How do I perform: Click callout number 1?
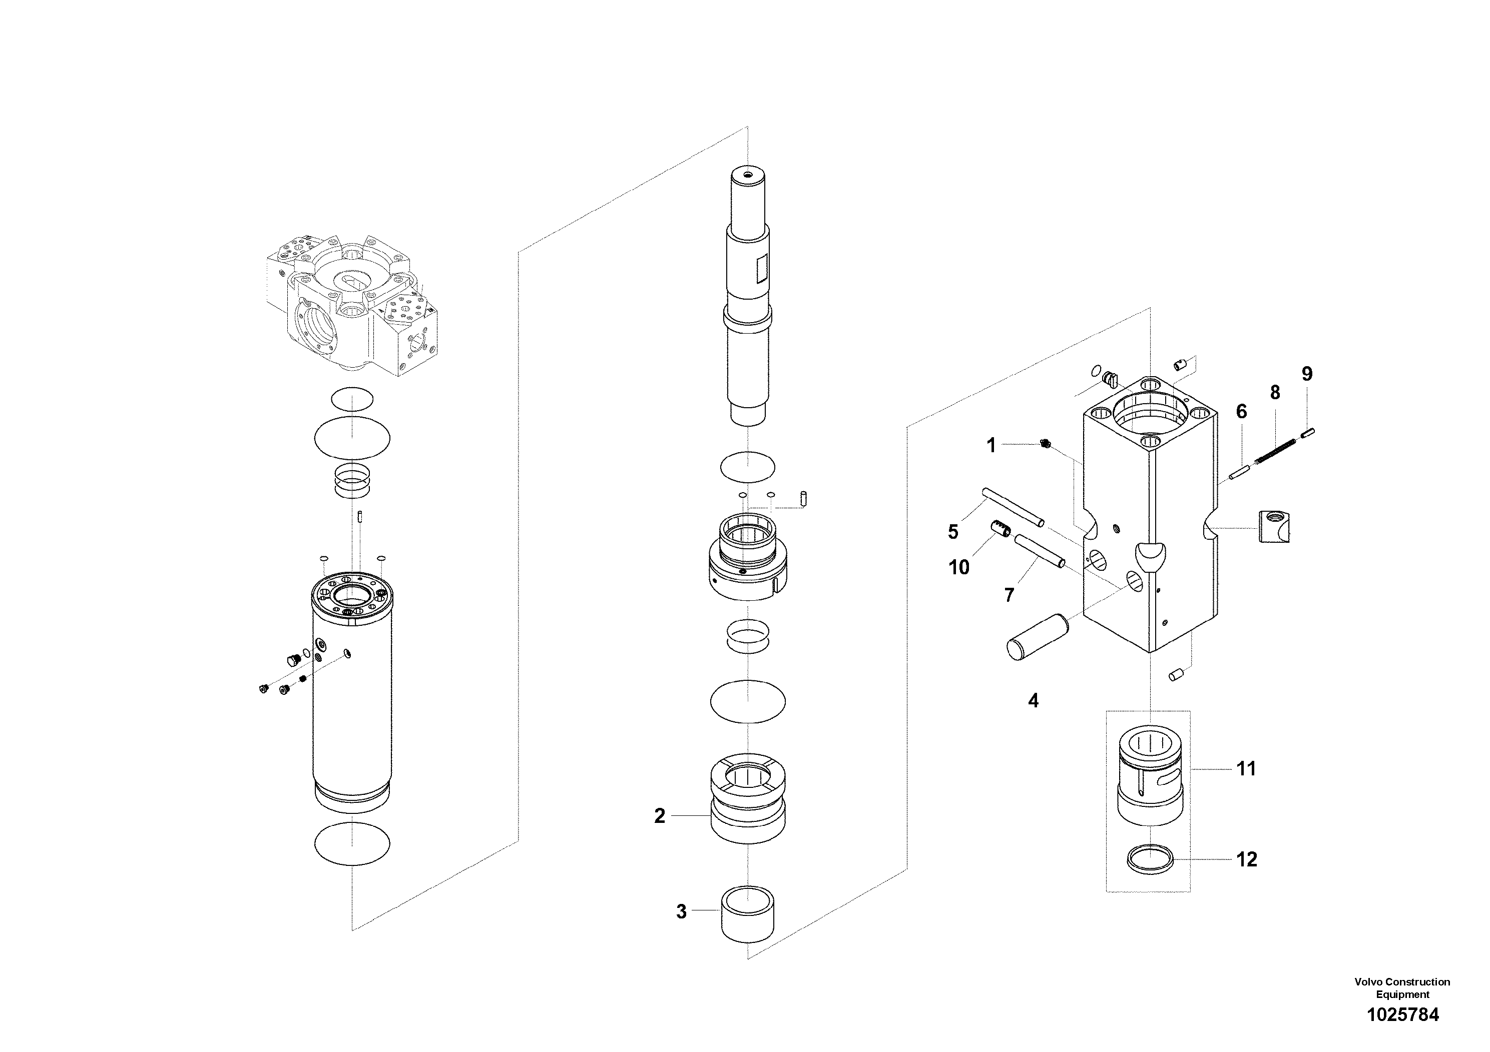click(x=991, y=446)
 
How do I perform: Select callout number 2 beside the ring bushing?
click(x=659, y=816)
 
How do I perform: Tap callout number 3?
click(x=681, y=911)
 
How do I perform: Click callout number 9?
click(x=1307, y=374)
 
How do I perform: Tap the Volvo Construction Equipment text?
click(x=1402, y=988)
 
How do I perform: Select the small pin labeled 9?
click(x=1307, y=433)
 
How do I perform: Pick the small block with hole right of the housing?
click(x=1273, y=526)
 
